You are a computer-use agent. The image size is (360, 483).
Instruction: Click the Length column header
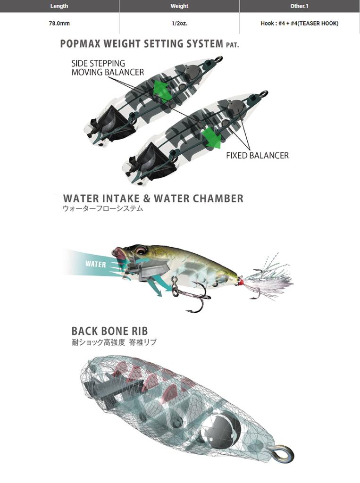point(59,6)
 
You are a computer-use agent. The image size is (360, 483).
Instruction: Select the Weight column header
point(179,6)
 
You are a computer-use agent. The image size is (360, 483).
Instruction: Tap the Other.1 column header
point(299,6)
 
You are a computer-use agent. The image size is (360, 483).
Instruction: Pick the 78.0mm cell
point(59,23)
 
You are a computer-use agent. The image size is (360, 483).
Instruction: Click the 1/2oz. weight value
point(179,23)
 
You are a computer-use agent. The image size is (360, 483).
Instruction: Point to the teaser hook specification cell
point(299,23)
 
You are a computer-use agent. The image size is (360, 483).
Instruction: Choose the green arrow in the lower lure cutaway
point(211,136)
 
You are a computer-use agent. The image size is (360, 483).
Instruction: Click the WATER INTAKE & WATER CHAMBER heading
point(153,198)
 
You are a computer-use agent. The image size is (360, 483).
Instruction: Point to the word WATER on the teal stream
point(96,264)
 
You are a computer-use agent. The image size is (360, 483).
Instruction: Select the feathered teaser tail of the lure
point(269,281)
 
